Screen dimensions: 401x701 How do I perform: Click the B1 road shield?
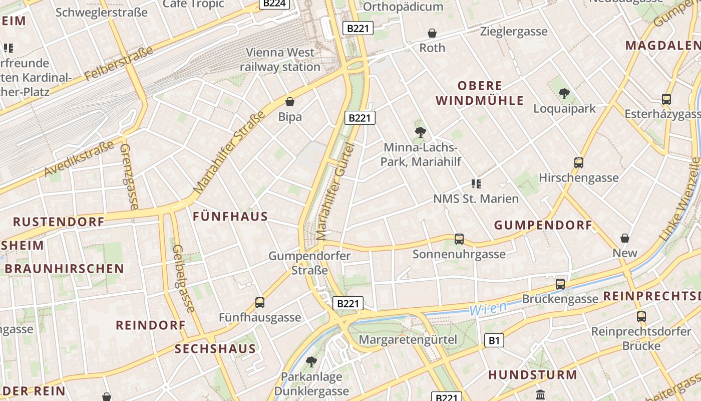494,341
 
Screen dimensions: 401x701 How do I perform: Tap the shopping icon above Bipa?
290,102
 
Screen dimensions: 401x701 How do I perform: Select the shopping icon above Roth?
432,33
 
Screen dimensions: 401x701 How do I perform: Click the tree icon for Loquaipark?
564,93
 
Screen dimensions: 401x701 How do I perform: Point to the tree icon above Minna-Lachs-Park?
421,132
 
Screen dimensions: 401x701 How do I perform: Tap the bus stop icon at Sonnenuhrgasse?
459,239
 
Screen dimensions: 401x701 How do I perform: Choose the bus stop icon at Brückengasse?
560,284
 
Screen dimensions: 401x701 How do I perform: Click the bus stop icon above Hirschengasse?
579,163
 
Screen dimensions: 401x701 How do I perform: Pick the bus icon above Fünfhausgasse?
260,302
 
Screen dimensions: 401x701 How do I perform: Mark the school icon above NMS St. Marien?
476,184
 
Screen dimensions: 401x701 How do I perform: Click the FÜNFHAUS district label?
230,217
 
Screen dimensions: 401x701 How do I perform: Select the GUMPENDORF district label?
543,225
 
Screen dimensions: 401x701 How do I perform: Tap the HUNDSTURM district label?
533,374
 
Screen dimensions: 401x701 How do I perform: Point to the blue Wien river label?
488,308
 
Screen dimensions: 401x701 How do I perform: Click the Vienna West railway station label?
280,59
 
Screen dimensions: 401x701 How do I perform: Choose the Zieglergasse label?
514,32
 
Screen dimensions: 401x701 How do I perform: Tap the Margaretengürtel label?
408,339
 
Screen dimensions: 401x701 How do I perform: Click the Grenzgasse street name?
128,176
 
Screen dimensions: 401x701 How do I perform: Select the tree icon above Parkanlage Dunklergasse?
311,361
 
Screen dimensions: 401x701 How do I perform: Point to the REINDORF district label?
151,325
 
